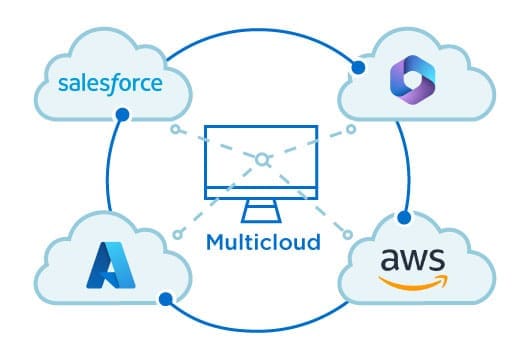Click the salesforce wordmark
pos(109,83)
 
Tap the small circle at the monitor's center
pos(263,159)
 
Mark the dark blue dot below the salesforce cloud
pos(122,115)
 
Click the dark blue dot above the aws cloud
pos(403,216)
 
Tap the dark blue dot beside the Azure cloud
pos(171,296)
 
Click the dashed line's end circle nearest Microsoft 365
pos(350,130)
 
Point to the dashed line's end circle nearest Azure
pos(178,235)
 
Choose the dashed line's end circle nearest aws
pos(348,234)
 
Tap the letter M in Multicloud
pos(215,241)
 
